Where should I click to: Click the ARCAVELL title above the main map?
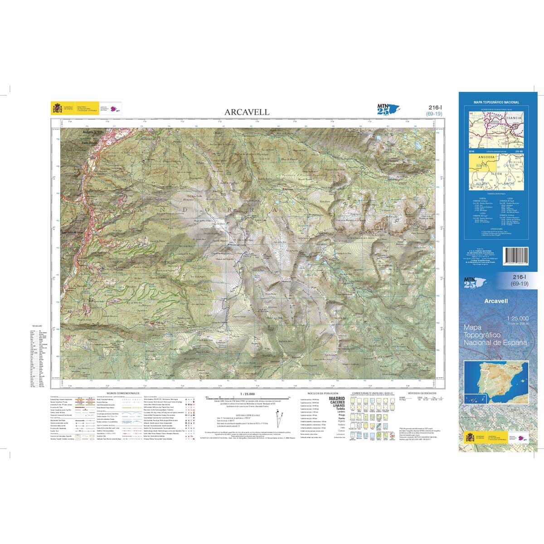coord(247,112)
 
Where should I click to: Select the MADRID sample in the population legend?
coord(336,398)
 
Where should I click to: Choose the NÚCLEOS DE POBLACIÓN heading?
coord(323,393)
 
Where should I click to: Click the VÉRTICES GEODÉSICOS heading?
coord(422,393)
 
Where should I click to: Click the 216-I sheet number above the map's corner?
coord(434,107)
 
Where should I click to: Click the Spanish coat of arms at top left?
coord(57,109)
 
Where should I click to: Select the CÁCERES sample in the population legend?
coord(336,402)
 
